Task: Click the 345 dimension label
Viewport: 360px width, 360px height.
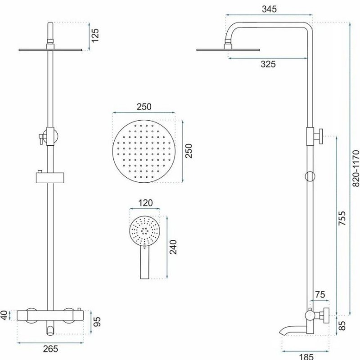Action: point(269,9)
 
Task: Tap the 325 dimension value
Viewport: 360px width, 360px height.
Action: point(268,64)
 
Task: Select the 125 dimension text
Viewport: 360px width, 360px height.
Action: point(95,35)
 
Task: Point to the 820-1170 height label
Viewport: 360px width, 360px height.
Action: point(355,168)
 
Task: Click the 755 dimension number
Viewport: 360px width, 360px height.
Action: point(342,218)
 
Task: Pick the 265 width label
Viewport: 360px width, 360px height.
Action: point(50,349)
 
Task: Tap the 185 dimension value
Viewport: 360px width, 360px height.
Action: point(306,356)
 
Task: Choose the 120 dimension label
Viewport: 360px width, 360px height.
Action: point(145,203)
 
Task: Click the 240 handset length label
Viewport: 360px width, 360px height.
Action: point(173,247)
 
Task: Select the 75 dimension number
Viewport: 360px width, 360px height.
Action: point(320,294)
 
